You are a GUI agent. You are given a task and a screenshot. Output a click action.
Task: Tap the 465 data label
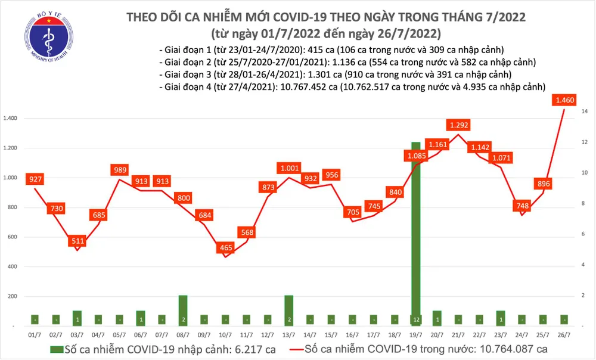pyautogui.click(x=226, y=247)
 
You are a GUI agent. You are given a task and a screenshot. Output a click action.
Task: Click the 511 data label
pyautogui.click(x=77, y=241)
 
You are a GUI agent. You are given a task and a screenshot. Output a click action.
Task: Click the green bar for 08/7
pyautogui.click(x=183, y=311)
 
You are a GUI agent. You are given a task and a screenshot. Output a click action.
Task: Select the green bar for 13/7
pyautogui.click(x=288, y=311)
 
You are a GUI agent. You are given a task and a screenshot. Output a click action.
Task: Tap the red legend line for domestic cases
pyautogui.click(x=315, y=349)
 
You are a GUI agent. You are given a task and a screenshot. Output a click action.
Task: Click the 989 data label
pyautogui.click(x=120, y=170)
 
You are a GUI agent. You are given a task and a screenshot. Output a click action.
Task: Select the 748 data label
pyautogui.click(x=521, y=206)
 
